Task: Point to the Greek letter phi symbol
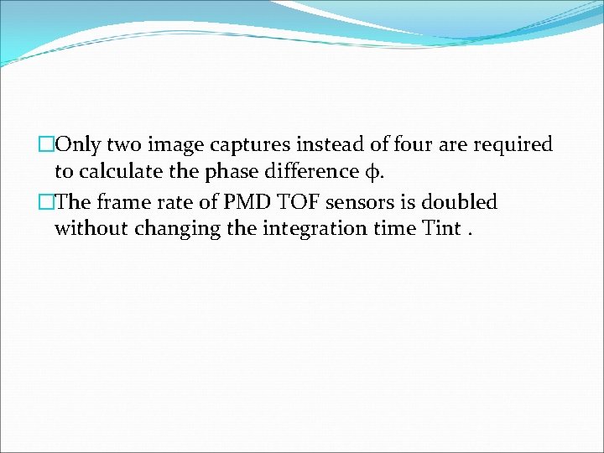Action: (370, 173)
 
